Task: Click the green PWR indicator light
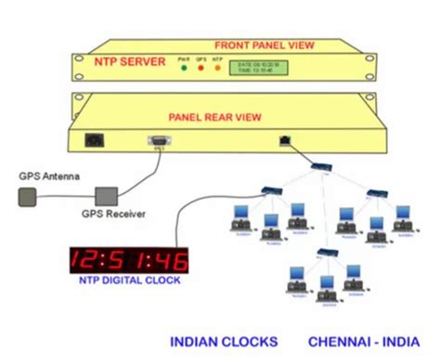[184, 68]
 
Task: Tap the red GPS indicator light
[201, 68]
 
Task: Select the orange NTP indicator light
[217, 68]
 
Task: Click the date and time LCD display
[260, 66]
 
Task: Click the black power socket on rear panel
[94, 141]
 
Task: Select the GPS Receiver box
[107, 196]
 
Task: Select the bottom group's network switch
[327, 253]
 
